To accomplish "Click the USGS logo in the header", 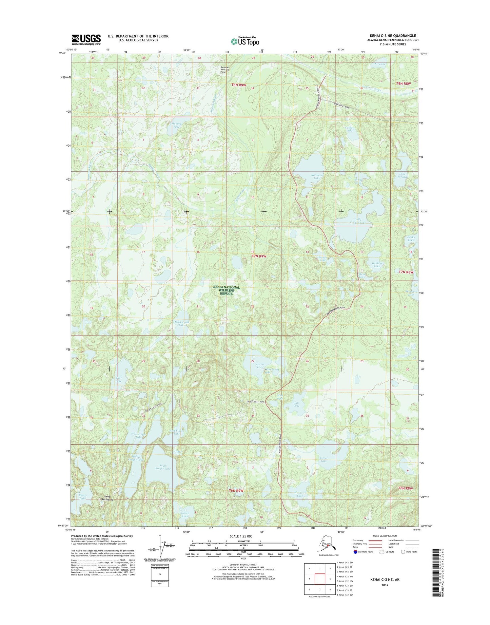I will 86,39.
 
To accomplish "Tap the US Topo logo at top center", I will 245,41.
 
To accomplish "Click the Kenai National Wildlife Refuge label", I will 226,290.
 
